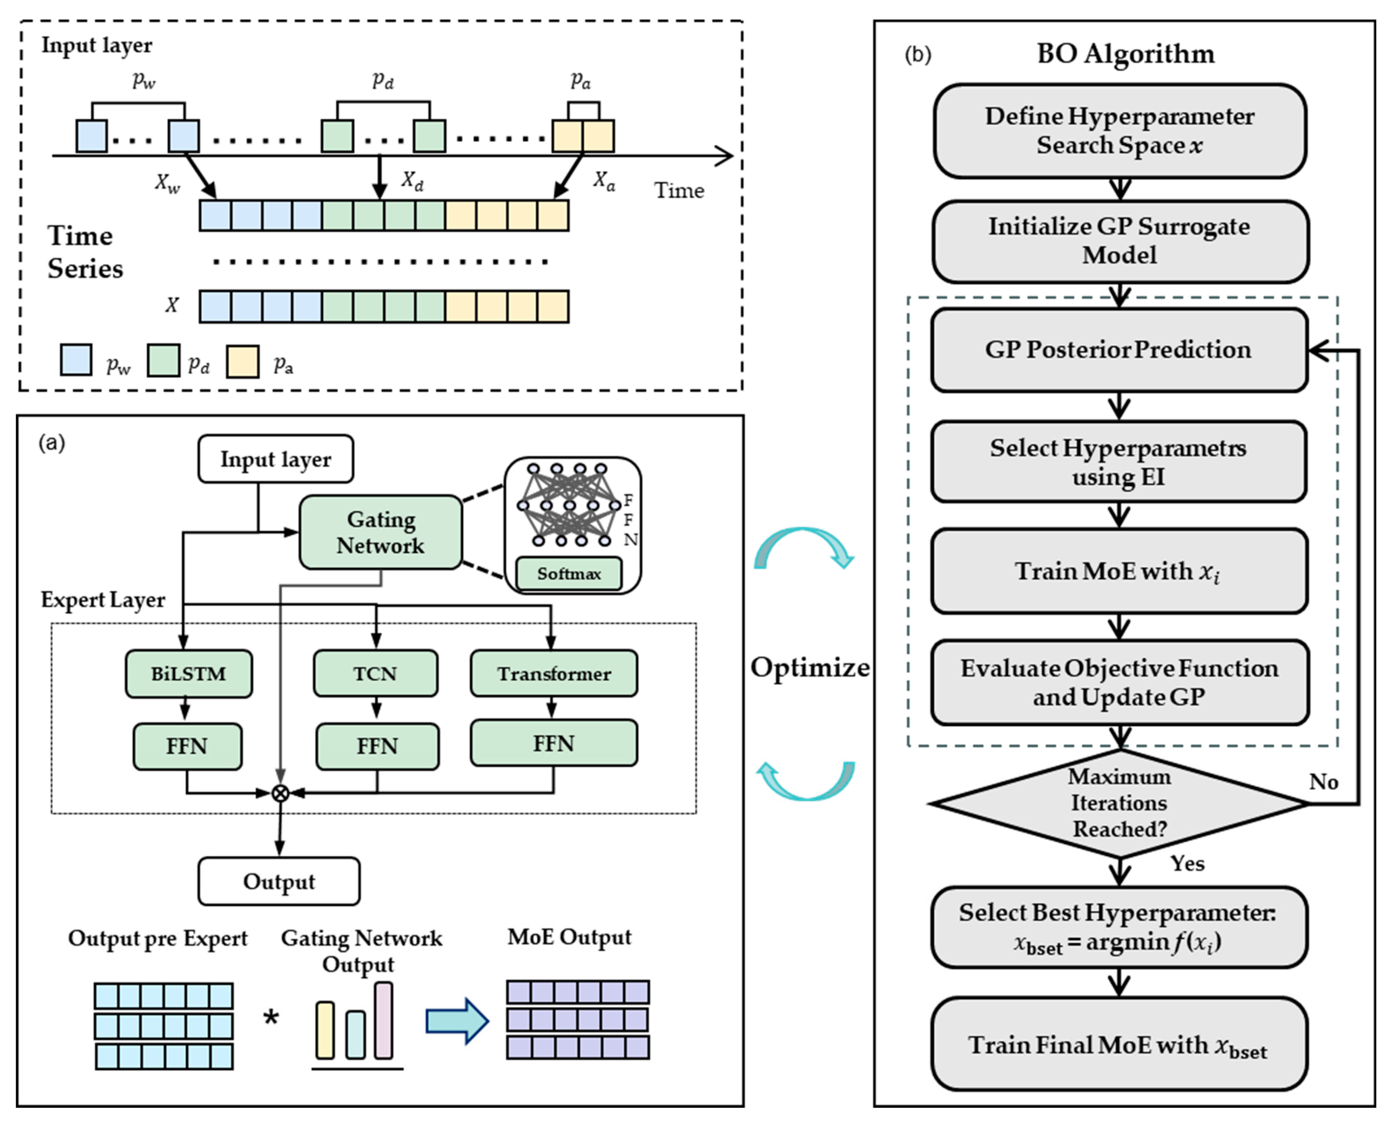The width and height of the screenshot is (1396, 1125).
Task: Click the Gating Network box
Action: click(380, 532)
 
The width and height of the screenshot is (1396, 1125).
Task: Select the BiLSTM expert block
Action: click(189, 674)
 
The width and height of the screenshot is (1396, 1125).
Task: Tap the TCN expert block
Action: click(375, 674)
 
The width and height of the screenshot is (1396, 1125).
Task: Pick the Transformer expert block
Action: click(554, 674)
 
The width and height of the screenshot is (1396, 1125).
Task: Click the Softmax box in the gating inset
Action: click(569, 573)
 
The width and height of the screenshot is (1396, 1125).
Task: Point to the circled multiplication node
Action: click(280, 792)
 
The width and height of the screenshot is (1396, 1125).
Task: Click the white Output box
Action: click(279, 881)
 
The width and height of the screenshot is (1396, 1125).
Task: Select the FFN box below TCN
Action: click(378, 746)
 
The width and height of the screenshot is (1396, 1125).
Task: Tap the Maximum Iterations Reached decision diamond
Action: click(1119, 803)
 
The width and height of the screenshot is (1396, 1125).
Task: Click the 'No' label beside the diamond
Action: click(1323, 782)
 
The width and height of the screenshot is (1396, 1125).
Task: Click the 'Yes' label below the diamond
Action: click(1187, 864)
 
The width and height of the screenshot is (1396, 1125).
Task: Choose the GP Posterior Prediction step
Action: click(1119, 350)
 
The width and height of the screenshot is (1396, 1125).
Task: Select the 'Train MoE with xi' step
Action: click(1119, 571)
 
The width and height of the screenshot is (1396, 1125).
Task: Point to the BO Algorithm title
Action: click(1125, 54)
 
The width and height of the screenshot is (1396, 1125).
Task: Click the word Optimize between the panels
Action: click(810, 667)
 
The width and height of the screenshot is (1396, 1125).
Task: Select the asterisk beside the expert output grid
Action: click(271, 1019)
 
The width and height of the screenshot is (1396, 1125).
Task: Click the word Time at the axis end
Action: click(678, 191)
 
